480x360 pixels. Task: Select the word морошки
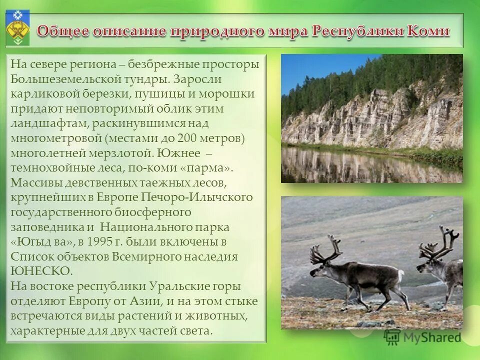pyautogui.click(x=229, y=94)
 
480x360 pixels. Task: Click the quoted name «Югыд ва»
pyautogui.click(x=42, y=242)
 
